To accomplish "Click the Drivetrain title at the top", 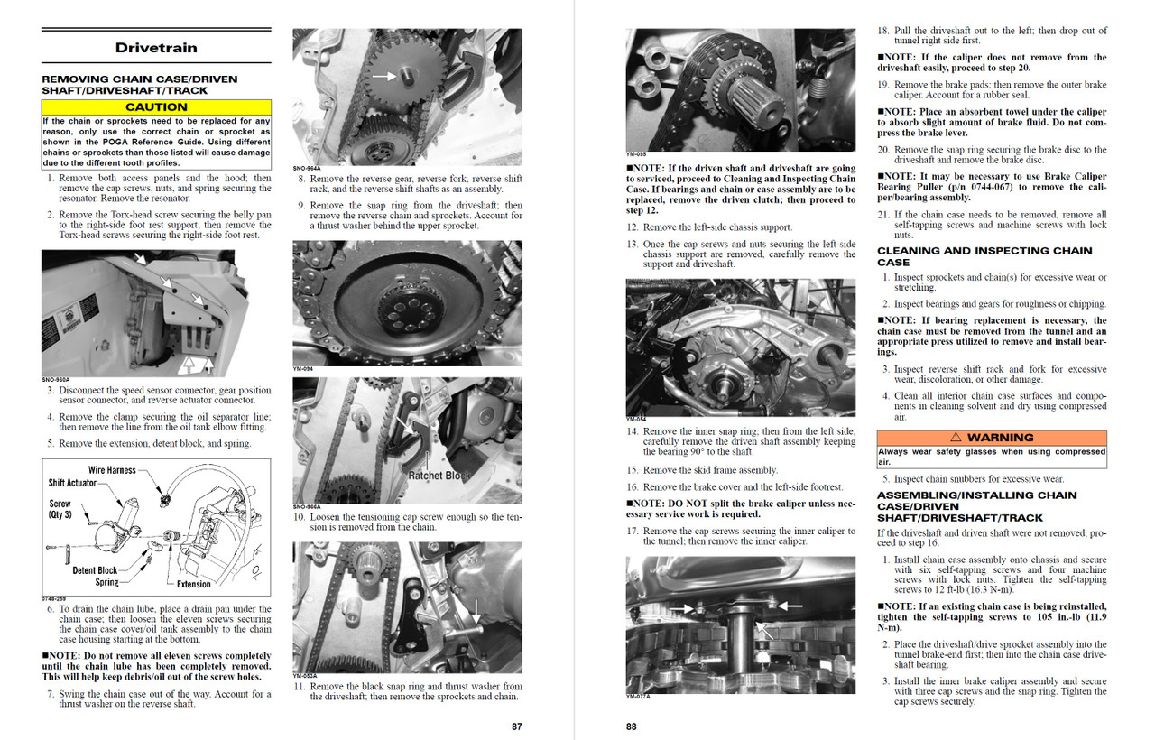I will click(x=156, y=48).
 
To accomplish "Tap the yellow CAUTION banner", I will click(x=156, y=106).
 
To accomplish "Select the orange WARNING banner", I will click(x=992, y=438).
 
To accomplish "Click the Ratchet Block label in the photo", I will click(x=439, y=476).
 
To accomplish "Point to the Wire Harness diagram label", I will click(x=112, y=470).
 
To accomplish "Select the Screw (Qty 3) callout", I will click(x=60, y=509).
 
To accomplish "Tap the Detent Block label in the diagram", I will click(x=95, y=570).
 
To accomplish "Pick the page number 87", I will click(x=516, y=726).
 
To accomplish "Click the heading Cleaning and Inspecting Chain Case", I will click(x=984, y=256).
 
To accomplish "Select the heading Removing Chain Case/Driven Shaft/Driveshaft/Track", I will click(x=140, y=85).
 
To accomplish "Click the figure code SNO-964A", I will click(x=307, y=168).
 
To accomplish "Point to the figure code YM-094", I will click(x=302, y=369).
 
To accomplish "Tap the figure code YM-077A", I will click(x=639, y=696).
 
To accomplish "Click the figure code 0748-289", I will click(x=54, y=597).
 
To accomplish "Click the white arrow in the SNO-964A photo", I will click(x=384, y=77).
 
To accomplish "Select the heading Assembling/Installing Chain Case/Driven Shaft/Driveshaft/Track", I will click(x=976, y=506).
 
